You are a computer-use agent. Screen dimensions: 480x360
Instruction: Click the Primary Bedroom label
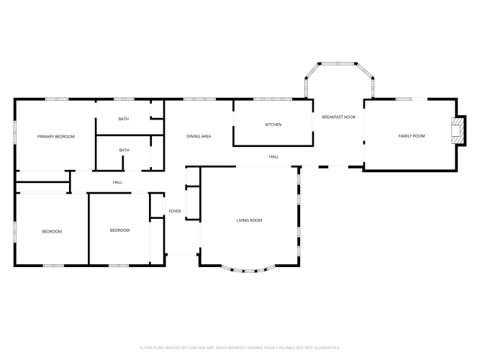(55, 137)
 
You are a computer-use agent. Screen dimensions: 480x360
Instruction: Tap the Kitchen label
(273, 125)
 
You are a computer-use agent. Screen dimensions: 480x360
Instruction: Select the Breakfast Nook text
(339, 117)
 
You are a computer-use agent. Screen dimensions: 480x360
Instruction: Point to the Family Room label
(412, 136)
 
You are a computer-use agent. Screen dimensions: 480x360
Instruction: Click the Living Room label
(249, 220)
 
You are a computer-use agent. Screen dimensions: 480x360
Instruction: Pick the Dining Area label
(199, 136)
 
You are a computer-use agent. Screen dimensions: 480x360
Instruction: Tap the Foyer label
(175, 211)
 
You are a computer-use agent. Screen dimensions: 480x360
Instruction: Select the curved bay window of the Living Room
(249, 271)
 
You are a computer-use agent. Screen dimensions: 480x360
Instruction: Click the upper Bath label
(124, 119)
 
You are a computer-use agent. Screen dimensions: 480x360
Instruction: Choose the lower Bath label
(124, 150)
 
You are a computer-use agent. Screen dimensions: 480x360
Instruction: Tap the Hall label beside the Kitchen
(273, 157)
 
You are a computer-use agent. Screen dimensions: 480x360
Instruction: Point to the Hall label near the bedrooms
(117, 182)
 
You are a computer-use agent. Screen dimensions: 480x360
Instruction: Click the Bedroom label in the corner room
(52, 232)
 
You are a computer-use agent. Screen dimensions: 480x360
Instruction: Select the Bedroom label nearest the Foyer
(119, 230)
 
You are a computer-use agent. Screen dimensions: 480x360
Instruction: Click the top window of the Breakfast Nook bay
(338, 64)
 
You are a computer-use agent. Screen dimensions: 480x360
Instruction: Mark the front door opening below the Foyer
(182, 254)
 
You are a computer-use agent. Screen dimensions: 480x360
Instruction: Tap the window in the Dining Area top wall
(199, 99)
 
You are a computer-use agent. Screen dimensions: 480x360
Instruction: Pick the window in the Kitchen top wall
(273, 99)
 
